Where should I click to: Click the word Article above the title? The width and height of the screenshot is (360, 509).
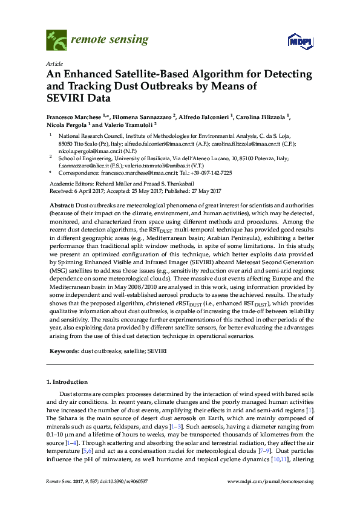[x=54, y=64]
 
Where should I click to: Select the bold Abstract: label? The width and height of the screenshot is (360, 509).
[x=62, y=206]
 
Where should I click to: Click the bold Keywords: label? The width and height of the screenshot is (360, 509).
[x=64, y=351]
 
